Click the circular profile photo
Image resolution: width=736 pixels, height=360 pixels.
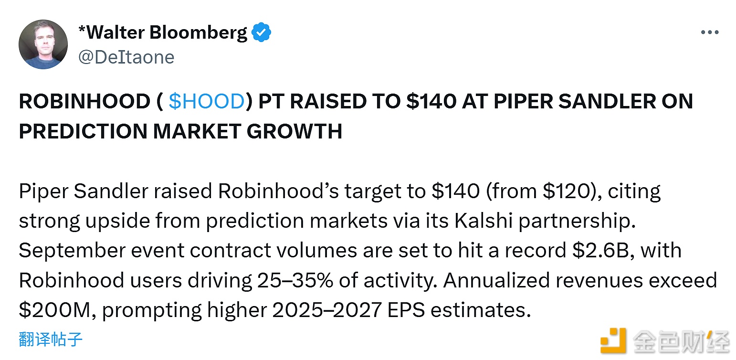(43, 44)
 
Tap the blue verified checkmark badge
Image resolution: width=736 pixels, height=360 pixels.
(262, 32)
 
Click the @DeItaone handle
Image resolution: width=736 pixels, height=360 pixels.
(126, 57)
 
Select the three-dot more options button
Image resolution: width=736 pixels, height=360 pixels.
(709, 32)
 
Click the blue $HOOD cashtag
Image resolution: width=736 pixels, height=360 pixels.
(206, 102)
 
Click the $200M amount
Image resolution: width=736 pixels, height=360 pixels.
(55, 310)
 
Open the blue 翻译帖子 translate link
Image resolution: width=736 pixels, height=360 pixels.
(51, 339)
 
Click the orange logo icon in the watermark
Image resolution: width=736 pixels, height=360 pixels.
(613, 340)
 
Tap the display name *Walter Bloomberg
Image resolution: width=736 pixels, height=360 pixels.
(162, 32)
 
